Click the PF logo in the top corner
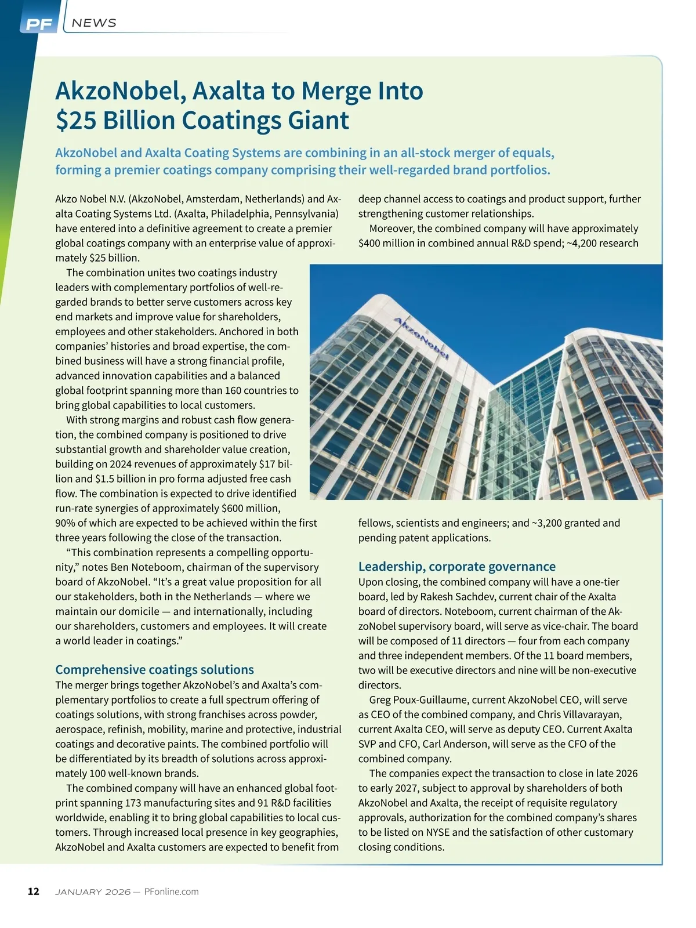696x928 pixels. tap(39, 24)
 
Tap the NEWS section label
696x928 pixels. tap(94, 23)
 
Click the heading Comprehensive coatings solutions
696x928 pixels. tap(154, 669)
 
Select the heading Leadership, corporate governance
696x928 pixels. tap(456, 566)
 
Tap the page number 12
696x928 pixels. tap(34, 891)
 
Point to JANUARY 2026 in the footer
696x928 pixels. tap(92, 891)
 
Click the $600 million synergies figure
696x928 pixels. tap(251, 509)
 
